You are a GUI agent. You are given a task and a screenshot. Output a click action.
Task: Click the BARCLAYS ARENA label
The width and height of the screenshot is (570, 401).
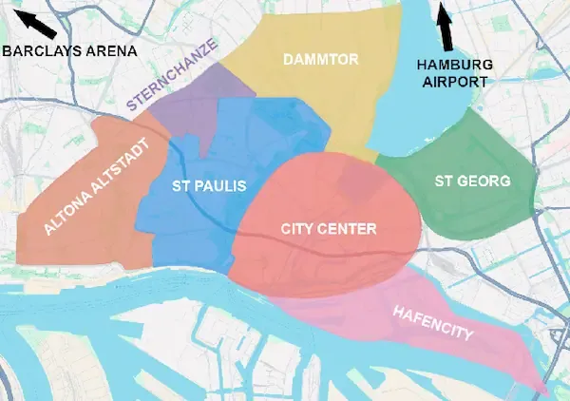(69, 50)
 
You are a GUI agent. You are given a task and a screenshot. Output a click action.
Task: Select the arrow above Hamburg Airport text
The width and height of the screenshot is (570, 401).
(444, 27)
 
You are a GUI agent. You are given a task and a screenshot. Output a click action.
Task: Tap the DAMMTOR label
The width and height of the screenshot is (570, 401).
(320, 60)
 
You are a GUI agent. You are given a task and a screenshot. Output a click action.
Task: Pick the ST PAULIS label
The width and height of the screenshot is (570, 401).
(208, 186)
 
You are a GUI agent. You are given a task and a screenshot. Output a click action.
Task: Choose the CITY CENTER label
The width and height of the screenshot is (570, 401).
(329, 229)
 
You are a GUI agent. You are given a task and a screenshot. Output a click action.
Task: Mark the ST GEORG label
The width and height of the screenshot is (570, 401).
(472, 180)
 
